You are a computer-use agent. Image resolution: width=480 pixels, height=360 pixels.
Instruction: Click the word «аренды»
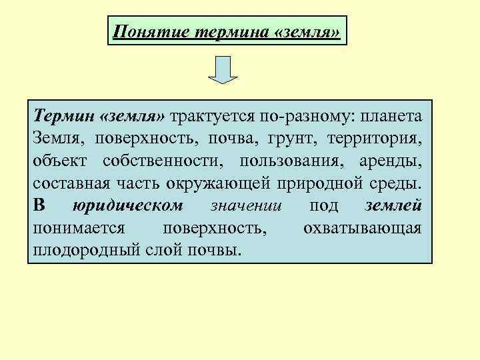389,162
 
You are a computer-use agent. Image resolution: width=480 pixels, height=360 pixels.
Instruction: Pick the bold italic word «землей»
393,206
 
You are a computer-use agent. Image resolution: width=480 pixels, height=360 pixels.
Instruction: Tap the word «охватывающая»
362,228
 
